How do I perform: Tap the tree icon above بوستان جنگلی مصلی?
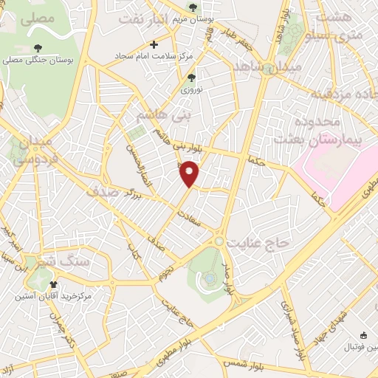point(36,48)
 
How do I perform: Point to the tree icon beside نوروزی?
point(191,78)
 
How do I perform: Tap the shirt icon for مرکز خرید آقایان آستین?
point(52,284)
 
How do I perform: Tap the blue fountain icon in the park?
point(210,278)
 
